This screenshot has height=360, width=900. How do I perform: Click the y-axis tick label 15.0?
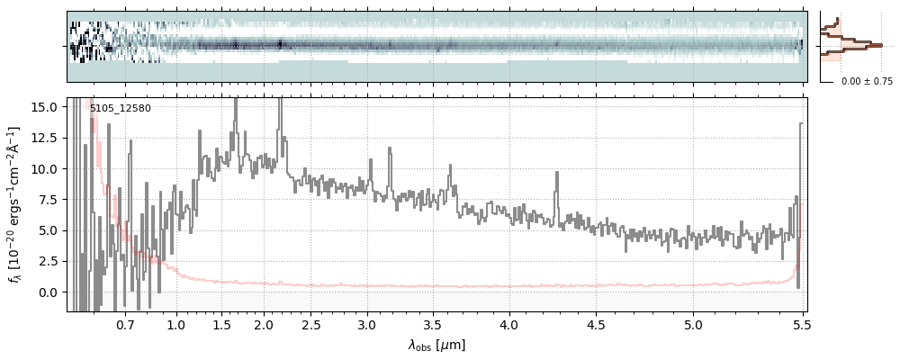[x=46, y=106]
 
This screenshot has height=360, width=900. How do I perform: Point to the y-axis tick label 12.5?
[x=46, y=138]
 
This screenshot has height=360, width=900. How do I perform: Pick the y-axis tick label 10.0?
[x=46, y=168]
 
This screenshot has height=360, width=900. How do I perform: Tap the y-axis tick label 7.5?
[x=49, y=200]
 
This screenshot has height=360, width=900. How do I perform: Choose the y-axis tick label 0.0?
[x=49, y=292]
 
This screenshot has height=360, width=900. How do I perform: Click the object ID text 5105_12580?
[x=121, y=109]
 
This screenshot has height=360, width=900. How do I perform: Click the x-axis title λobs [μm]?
[x=436, y=345]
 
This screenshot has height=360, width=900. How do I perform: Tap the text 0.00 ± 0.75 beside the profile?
[x=867, y=82]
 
